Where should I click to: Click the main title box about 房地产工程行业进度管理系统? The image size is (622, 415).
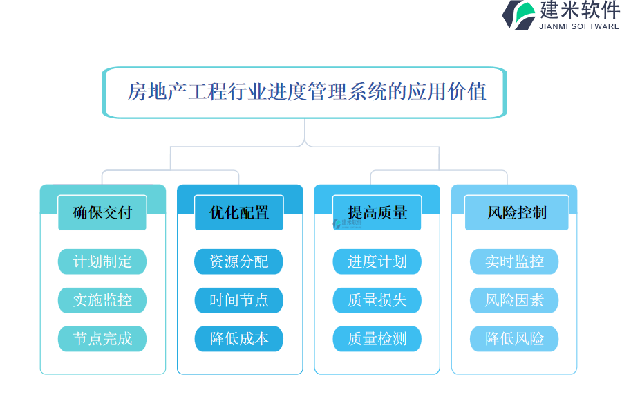click(x=305, y=93)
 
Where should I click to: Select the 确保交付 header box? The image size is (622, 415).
click(x=102, y=212)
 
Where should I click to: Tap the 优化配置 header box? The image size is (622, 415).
click(x=239, y=212)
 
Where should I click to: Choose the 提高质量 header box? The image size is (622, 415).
click(x=377, y=212)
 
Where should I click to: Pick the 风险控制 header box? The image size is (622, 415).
click(x=516, y=212)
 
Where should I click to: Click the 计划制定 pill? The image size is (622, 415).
click(x=102, y=261)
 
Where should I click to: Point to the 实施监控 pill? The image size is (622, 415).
click(x=102, y=300)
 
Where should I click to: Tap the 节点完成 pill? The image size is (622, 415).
click(x=102, y=339)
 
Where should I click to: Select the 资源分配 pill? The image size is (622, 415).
click(x=239, y=261)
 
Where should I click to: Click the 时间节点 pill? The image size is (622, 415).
click(x=239, y=300)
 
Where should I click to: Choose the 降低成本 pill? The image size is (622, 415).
click(x=239, y=339)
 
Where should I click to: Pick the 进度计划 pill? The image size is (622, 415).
click(x=377, y=261)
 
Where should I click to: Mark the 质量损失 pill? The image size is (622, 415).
click(x=377, y=300)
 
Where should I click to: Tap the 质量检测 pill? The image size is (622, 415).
click(x=377, y=339)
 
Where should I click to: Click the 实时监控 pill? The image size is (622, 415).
click(x=514, y=261)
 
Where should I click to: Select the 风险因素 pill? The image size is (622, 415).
click(x=514, y=300)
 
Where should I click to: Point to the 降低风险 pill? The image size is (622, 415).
click(x=514, y=339)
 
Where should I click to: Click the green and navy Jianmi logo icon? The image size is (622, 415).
click(x=519, y=15)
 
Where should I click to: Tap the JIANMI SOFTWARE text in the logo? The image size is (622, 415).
click(x=579, y=26)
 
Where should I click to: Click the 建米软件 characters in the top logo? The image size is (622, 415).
click(x=580, y=10)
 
